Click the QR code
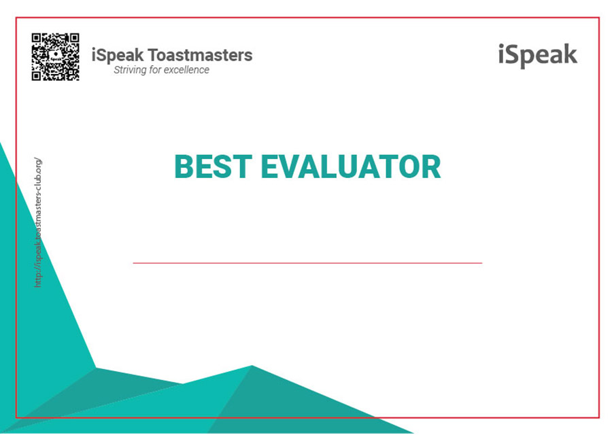56,57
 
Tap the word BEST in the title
213,167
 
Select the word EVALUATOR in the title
351,167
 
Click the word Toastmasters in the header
200,55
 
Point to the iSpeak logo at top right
537,56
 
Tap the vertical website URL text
37,222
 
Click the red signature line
307,263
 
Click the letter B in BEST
184,167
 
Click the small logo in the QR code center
56,56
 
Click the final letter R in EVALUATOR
431,167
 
